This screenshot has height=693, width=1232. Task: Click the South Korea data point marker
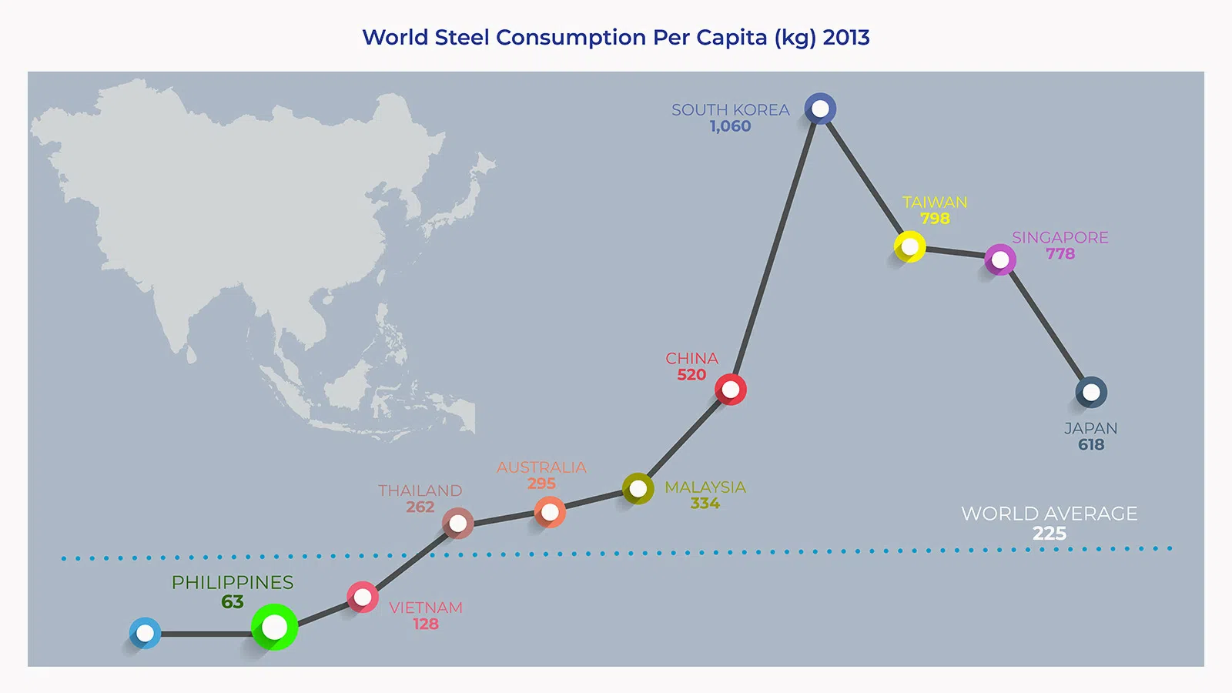pos(820,109)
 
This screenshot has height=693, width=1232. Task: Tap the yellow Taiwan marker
pos(910,247)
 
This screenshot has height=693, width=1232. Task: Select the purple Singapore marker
pos(1000,260)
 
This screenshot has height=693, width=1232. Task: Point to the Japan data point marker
pos(1091,393)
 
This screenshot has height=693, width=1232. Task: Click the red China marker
pos(731,390)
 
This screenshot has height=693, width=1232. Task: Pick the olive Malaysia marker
pos(638,488)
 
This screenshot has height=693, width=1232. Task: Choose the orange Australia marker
pos(550,512)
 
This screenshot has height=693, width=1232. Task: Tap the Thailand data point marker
pos(458,524)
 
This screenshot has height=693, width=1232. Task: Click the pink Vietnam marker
pos(363,598)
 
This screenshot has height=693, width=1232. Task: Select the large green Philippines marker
pos(274,627)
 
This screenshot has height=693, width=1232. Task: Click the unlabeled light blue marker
pos(145,633)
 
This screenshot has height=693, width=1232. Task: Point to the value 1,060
pos(730,126)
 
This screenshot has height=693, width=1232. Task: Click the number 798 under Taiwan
pos(935,219)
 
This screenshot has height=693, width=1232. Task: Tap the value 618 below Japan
pos(1091,445)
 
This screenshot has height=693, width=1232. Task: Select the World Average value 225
pos(1050,534)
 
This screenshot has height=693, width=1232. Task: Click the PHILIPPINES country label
pos(233,583)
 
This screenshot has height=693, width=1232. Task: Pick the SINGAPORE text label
pos(1060,238)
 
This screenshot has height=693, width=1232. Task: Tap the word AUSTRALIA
pos(541,467)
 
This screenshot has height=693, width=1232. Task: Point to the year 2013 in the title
pos(846,37)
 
